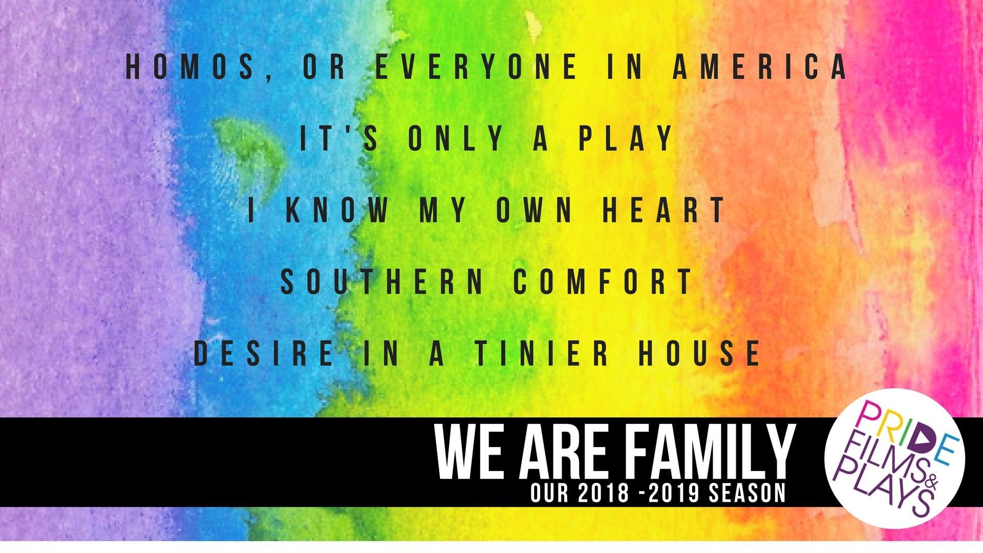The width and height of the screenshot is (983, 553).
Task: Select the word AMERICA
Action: tap(761, 67)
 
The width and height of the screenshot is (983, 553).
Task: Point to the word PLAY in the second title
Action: tap(626, 138)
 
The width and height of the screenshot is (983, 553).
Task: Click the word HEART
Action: tap(664, 209)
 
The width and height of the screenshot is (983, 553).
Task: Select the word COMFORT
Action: tap(604, 281)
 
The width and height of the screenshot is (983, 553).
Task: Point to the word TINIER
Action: tap(542, 353)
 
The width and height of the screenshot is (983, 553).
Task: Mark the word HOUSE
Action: tap(700, 353)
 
